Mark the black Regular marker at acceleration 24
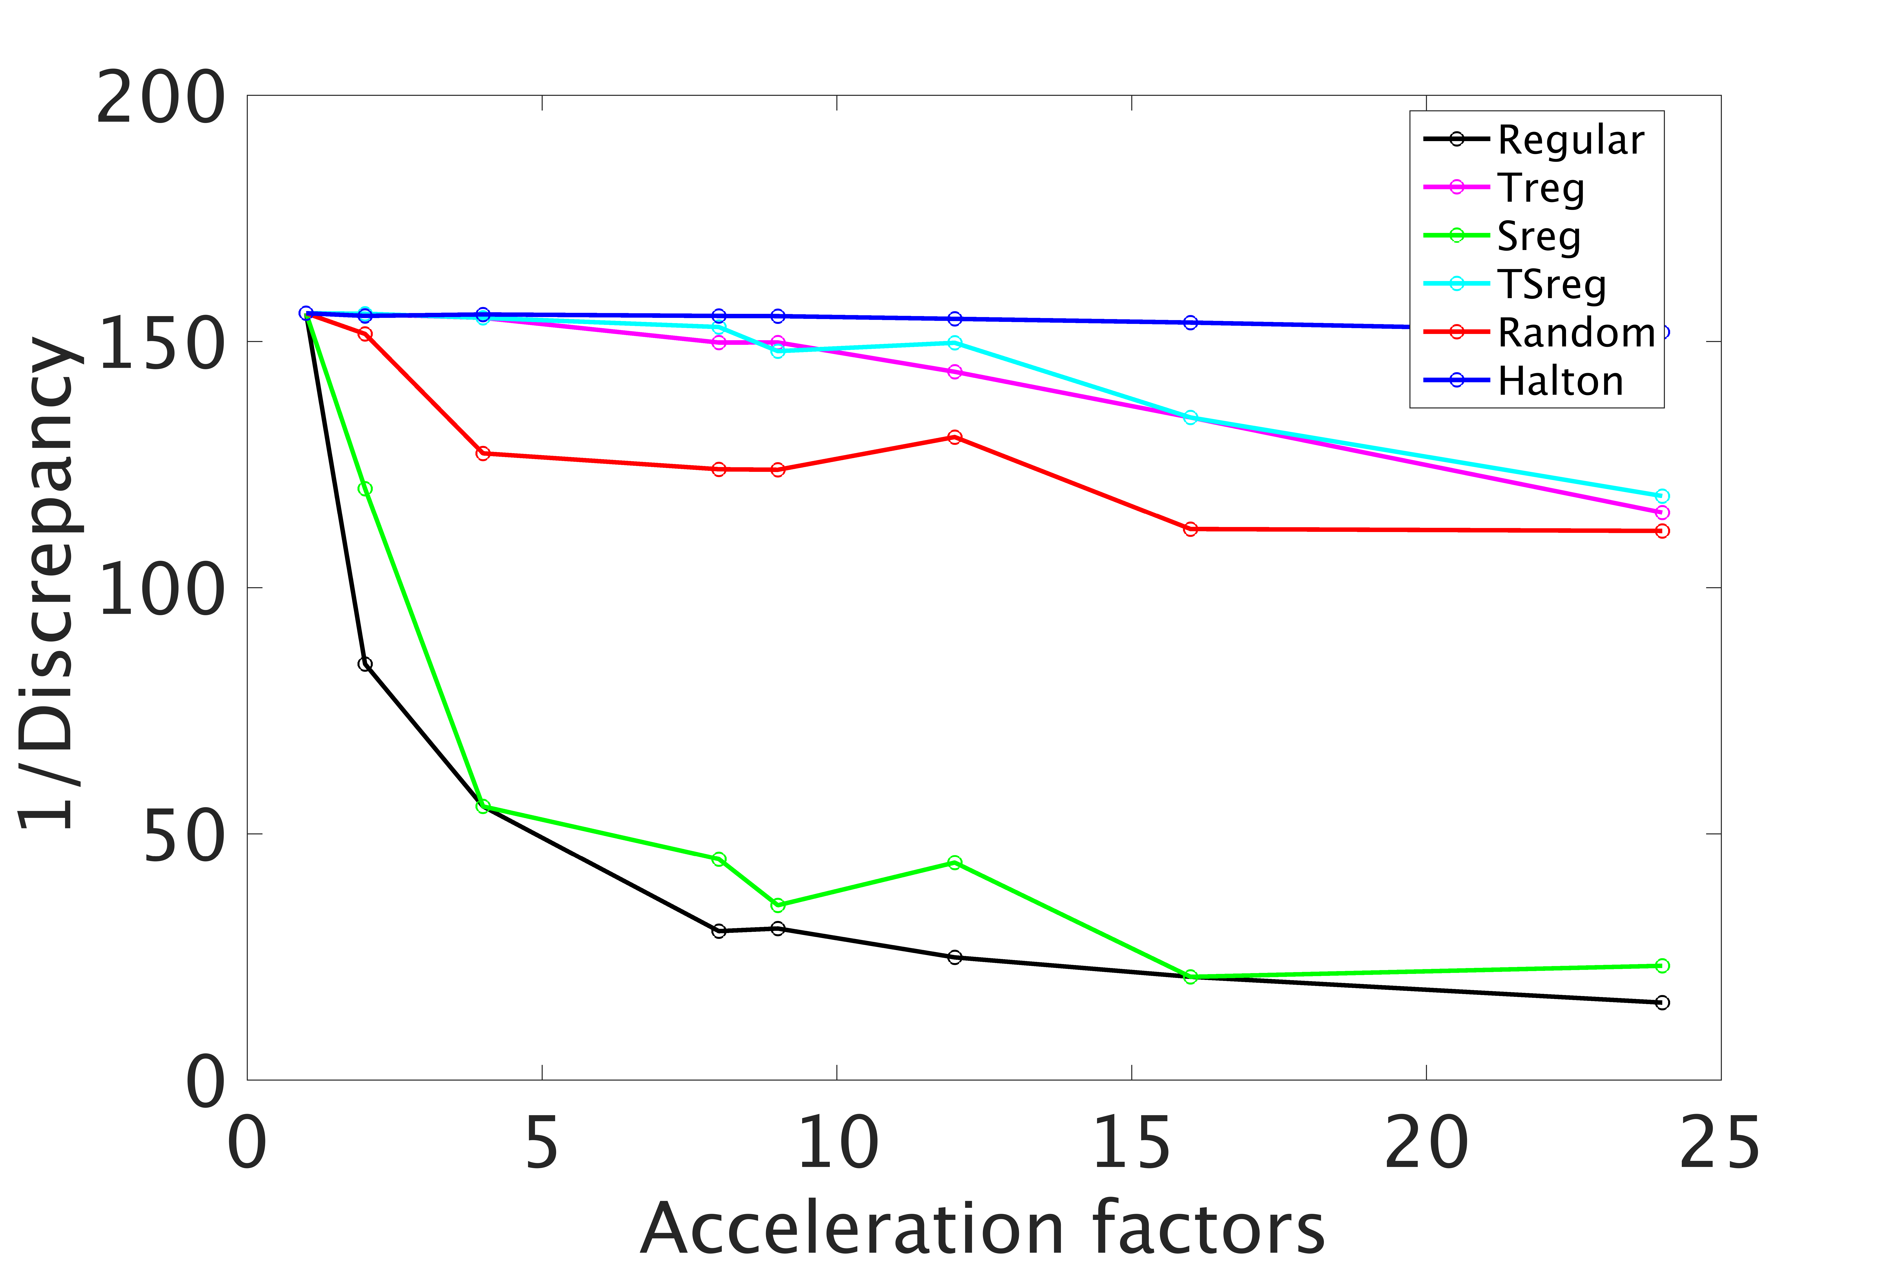click(x=1662, y=1003)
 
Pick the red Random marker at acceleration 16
click(x=1190, y=529)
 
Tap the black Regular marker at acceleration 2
click(x=366, y=664)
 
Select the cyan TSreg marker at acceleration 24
click(x=1662, y=496)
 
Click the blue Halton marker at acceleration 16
click(x=1190, y=323)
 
